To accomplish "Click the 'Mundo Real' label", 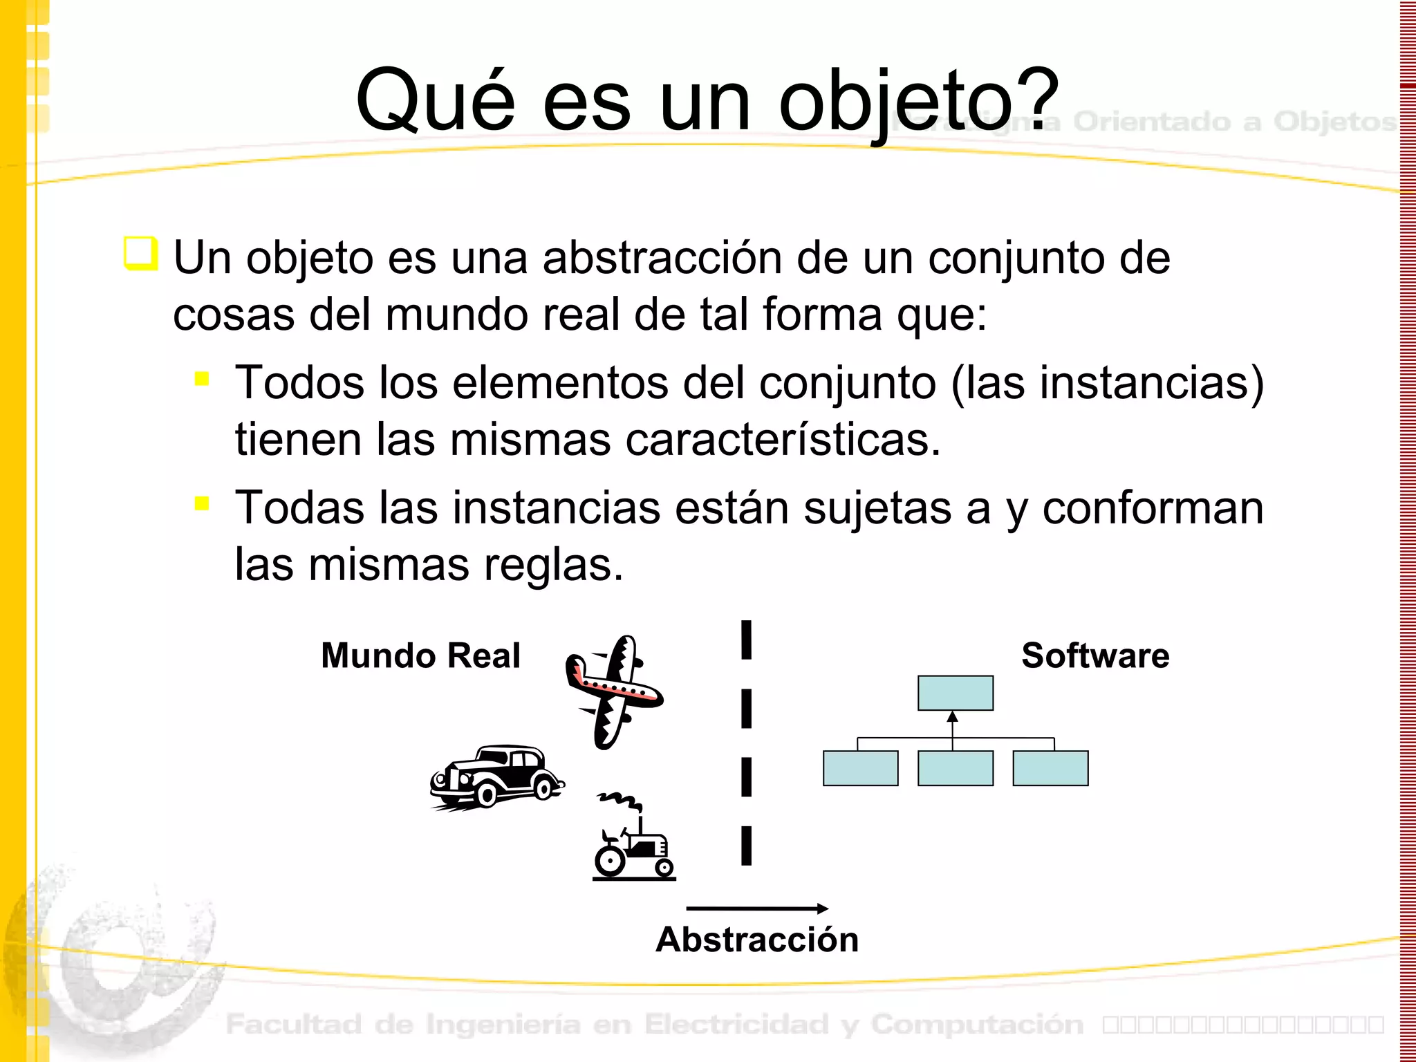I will [x=420, y=655].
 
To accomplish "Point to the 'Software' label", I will [x=1095, y=655].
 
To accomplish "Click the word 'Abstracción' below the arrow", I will [x=757, y=940].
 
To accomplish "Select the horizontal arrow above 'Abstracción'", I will [x=757, y=908].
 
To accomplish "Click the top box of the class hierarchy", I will [x=956, y=693].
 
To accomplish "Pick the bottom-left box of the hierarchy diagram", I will [x=861, y=768].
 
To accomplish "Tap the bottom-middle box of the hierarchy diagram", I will [x=956, y=768].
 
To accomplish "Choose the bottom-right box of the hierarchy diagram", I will [x=1050, y=768].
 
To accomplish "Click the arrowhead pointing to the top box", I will [x=953, y=717].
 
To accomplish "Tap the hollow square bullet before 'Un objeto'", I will [x=141, y=253].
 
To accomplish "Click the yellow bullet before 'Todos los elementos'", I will [x=202, y=378].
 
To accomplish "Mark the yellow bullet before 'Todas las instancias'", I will [x=202, y=503].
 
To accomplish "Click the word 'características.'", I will [x=783, y=440].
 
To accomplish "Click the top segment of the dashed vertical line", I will [x=746, y=640].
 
